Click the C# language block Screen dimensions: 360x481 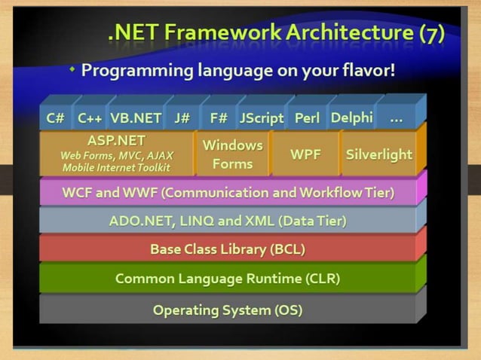55,118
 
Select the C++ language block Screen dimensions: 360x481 90,118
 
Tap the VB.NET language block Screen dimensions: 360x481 136,118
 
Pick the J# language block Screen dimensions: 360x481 182,118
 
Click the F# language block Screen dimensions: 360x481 219,118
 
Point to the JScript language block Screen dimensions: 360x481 261,118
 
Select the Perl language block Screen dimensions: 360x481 307,118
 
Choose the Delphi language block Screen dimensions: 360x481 351,117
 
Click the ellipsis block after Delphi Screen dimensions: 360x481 396,117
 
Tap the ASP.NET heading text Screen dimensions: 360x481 117,140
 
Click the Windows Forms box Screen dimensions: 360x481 232,154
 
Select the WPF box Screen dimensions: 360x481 305,154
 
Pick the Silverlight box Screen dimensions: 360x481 378,154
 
